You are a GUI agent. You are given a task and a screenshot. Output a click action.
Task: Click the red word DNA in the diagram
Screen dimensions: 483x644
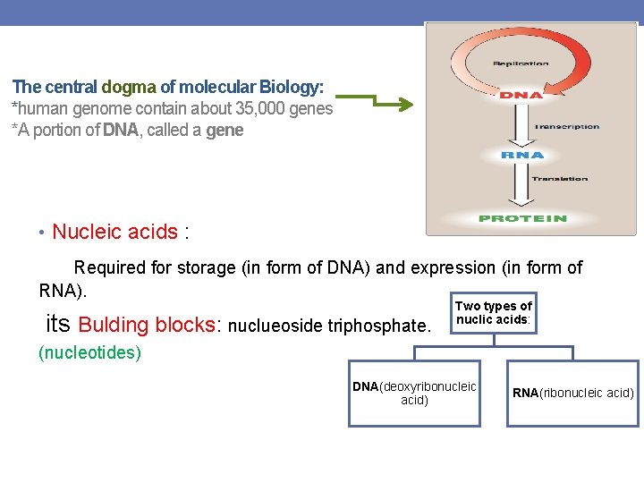521,95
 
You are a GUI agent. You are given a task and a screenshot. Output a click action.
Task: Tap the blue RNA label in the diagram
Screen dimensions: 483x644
522,155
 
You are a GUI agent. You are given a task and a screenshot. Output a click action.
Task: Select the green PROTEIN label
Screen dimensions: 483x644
522,218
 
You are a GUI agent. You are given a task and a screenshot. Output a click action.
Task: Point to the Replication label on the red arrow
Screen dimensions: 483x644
521,64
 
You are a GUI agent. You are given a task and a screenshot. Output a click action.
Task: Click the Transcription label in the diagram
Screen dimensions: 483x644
567,127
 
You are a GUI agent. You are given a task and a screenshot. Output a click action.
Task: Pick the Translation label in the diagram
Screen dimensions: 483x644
560,179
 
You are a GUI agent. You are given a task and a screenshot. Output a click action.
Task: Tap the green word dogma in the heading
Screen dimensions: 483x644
129,88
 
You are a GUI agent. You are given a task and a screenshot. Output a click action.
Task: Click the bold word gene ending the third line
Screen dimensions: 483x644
225,131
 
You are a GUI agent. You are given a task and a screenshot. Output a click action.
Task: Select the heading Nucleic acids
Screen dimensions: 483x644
114,233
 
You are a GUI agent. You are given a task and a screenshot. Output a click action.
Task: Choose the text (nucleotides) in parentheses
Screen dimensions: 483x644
89,352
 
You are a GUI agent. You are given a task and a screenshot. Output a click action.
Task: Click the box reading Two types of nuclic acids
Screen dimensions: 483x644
494,313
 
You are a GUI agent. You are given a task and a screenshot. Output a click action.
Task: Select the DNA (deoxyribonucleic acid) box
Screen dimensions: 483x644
414,394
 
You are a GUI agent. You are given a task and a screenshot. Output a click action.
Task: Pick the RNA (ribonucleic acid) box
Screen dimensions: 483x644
573,393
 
